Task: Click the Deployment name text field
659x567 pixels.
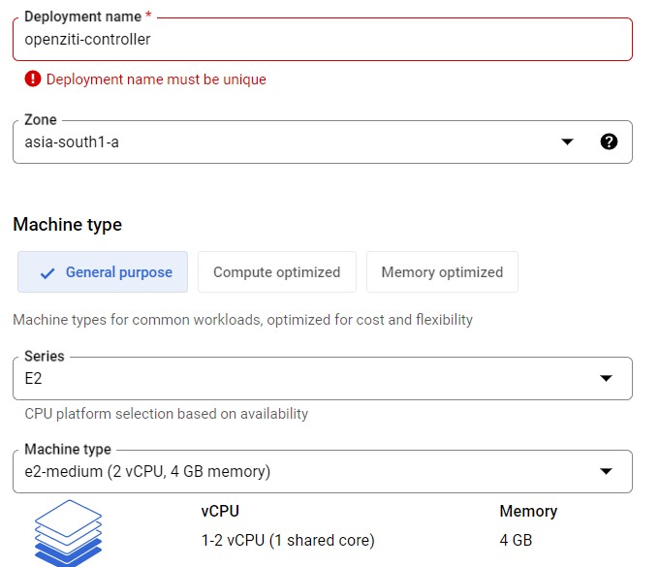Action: (320, 40)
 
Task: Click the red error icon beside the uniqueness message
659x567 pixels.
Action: (33, 79)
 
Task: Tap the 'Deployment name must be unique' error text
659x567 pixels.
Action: (156, 79)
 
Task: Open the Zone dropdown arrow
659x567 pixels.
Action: (568, 142)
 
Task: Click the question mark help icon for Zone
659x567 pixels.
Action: (609, 142)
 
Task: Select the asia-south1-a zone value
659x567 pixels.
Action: (72, 142)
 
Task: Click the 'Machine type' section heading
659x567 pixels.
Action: (67, 225)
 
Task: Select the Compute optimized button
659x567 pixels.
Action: (276, 272)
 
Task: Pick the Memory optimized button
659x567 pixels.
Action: (442, 272)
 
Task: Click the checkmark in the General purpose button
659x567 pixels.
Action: (47, 273)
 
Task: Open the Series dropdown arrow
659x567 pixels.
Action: (607, 378)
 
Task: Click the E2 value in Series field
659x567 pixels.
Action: (33, 378)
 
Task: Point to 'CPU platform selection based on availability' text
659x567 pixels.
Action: (166, 414)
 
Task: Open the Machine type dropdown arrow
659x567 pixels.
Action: (607, 471)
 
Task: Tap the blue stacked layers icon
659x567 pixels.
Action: (68, 532)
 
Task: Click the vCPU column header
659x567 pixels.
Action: (219, 511)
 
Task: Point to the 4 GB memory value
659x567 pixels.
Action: (516, 540)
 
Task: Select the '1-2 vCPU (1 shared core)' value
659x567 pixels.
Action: (287, 540)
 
